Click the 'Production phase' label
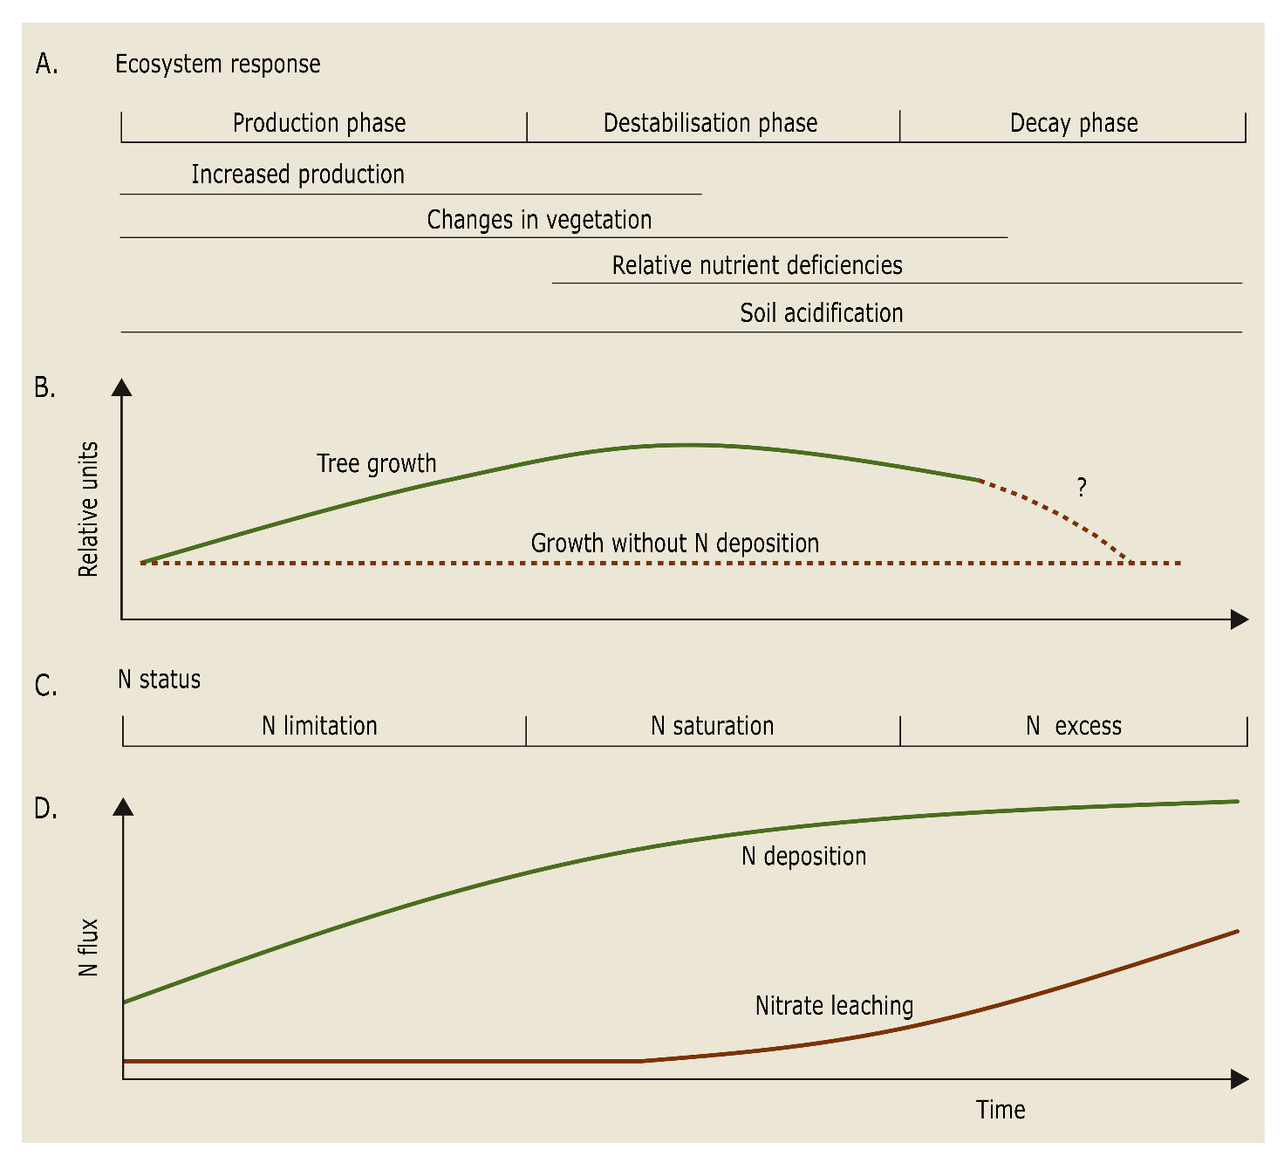point(319,123)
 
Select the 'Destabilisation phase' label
point(710,123)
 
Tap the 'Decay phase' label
point(1074,123)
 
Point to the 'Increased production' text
point(297,174)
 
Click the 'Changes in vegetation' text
point(539,220)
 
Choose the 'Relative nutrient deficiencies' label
point(757,265)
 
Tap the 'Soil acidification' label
point(822,313)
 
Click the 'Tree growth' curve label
point(376,463)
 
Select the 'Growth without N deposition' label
point(675,544)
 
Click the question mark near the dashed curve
point(1082,487)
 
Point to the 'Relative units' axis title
point(88,510)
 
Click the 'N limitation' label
point(319,726)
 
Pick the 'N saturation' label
point(712,726)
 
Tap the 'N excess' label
point(1074,726)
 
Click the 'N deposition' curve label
point(803,856)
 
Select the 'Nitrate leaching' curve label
point(834,1006)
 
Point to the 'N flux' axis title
point(88,947)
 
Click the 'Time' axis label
point(1001,1110)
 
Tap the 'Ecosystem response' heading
point(217,65)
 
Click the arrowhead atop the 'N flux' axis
point(124,806)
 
